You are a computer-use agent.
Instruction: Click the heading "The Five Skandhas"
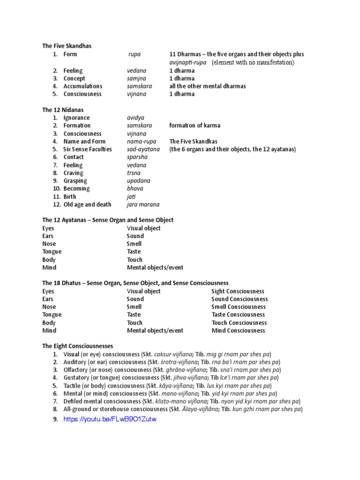[x=67, y=46]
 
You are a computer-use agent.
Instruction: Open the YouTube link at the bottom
[x=110, y=419]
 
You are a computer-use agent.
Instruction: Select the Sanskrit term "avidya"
[x=136, y=118]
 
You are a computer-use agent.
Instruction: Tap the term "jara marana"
[x=143, y=204]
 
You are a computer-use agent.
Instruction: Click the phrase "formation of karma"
[x=195, y=126]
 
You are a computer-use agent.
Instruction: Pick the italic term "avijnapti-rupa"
[x=188, y=62]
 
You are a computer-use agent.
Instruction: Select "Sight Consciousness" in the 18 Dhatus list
[x=238, y=291]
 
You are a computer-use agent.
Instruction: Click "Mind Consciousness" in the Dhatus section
[x=238, y=330]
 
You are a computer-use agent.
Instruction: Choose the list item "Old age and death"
[x=87, y=204]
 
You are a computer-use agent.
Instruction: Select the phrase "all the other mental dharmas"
[x=208, y=86]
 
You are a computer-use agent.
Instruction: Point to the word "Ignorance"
[x=76, y=118]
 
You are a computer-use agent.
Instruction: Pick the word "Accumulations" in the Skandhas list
[x=82, y=86]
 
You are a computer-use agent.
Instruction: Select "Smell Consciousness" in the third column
[x=239, y=307]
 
